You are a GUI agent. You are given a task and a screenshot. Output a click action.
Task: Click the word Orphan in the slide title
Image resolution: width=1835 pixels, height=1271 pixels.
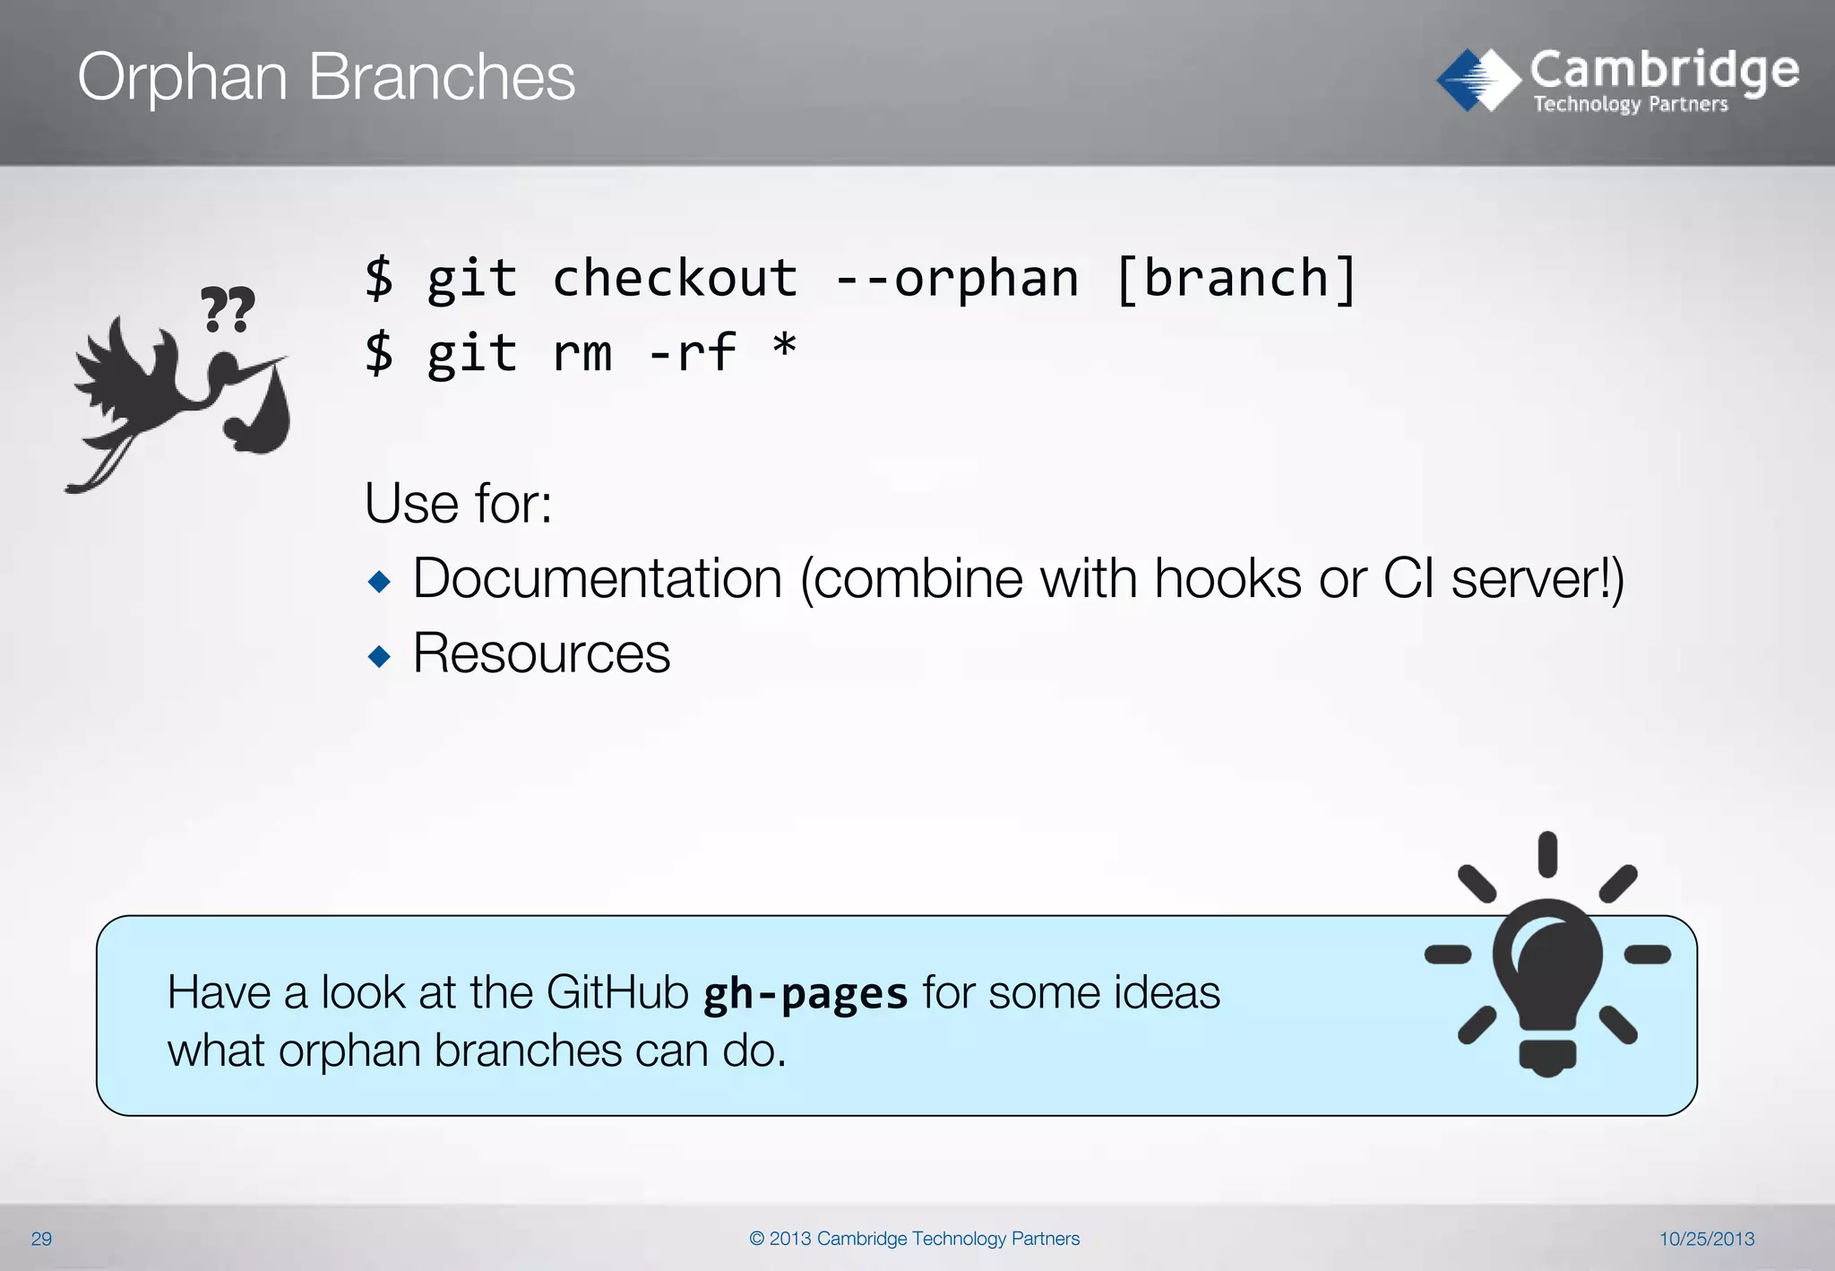[182, 78]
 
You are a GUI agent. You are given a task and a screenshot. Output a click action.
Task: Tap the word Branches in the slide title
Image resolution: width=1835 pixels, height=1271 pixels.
[441, 77]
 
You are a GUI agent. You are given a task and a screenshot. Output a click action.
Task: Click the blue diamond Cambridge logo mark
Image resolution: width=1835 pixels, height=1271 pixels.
[1477, 80]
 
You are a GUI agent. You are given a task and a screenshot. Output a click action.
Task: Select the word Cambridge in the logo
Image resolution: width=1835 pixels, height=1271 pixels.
[1664, 70]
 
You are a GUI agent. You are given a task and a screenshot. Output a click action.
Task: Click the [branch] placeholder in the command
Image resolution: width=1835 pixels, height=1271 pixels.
[1236, 278]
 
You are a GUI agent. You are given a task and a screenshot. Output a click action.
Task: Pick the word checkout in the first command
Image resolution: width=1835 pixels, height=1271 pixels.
[674, 278]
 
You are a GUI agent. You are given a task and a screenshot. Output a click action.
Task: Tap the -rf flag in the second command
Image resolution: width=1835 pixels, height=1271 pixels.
[692, 352]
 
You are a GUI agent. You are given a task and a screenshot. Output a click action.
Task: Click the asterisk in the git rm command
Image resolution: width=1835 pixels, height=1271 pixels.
[784, 345]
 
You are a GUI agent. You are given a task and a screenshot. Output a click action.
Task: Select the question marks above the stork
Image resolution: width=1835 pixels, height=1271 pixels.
[227, 309]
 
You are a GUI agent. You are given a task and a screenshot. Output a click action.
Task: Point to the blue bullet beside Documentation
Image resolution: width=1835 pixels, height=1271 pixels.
[379, 582]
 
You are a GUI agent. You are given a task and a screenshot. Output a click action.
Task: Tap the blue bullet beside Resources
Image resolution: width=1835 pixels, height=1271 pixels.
[379, 656]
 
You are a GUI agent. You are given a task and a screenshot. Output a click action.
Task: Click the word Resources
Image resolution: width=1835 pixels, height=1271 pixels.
[541, 653]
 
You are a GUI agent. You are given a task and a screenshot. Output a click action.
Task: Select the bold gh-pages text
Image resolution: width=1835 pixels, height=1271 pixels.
[805, 994]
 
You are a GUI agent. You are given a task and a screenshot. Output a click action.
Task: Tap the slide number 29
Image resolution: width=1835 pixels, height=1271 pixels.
[41, 1239]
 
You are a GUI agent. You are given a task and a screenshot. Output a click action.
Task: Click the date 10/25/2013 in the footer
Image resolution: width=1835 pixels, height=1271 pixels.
[1706, 1239]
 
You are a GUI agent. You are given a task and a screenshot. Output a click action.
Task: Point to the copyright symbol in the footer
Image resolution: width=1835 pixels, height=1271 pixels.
[757, 1239]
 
